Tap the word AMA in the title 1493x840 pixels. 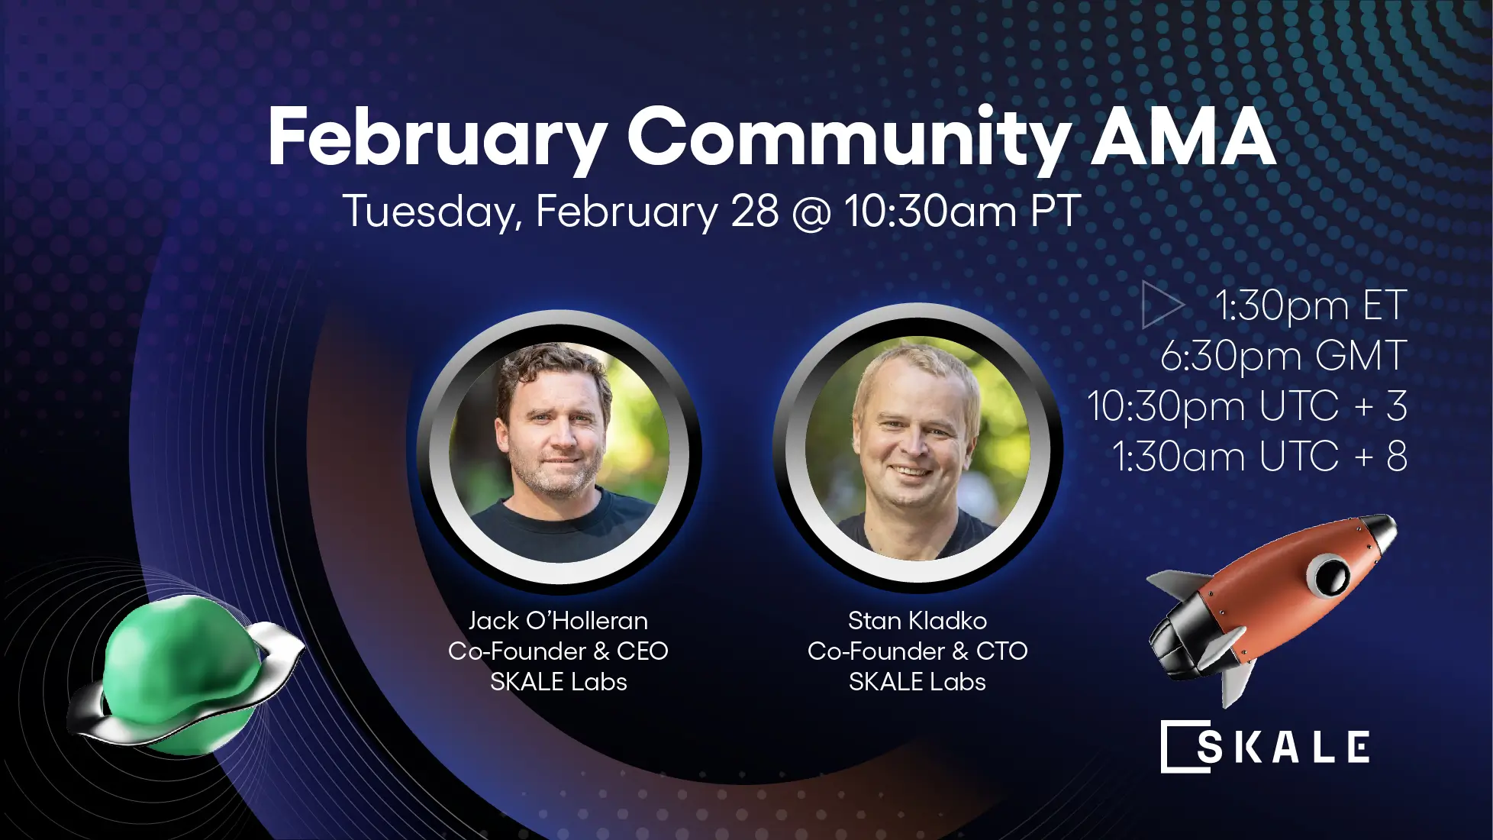click(1182, 137)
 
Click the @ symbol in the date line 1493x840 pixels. click(812, 212)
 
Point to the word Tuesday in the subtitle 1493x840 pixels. click(431, 212)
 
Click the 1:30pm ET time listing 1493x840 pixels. click(1310, 305)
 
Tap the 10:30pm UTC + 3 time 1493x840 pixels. click(1247, 406)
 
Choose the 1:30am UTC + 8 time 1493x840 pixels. click(1259, 457)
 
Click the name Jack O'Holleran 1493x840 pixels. click(558, 621)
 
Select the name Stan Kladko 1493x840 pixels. click(917, 621)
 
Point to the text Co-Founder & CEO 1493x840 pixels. click(558, 651)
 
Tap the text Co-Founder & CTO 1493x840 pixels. click(917, 651)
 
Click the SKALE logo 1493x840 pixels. click(1266, 746)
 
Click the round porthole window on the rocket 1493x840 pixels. click(1330, 574)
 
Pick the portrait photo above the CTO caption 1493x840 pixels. click(917, 448)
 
